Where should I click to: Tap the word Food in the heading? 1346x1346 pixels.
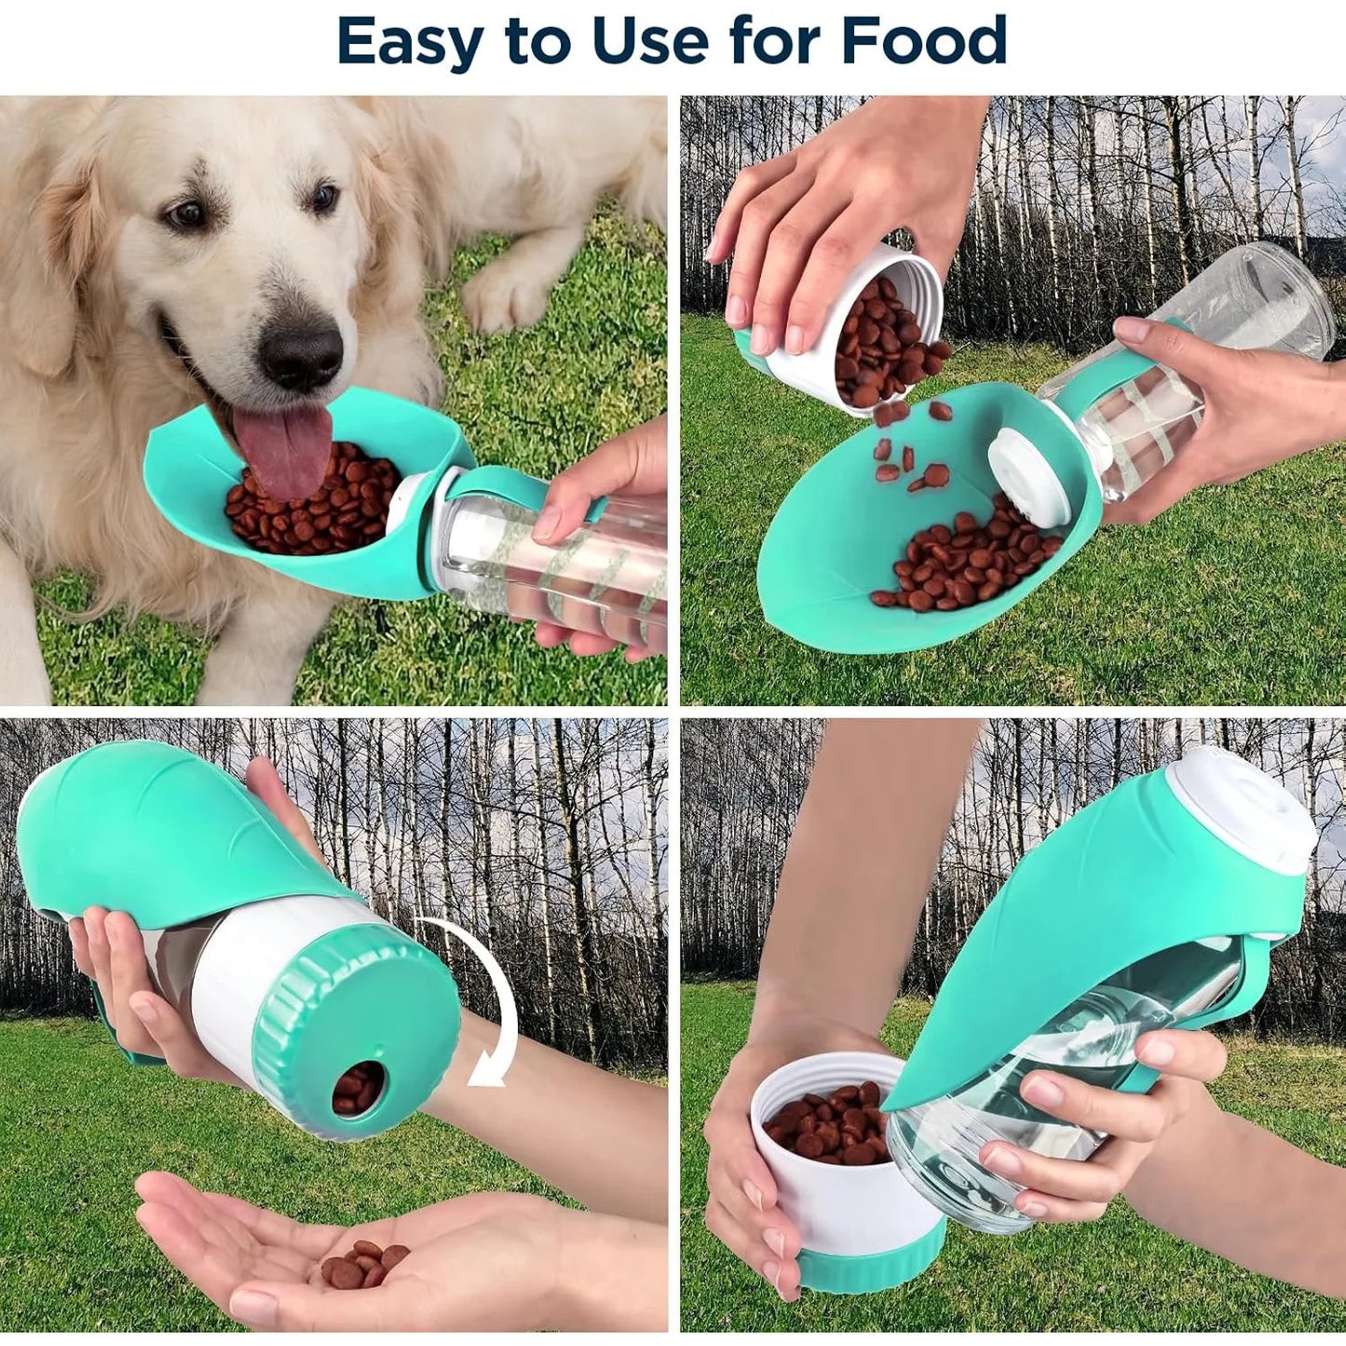tap(923, 40)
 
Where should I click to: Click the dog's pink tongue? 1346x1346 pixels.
tap(284, 447)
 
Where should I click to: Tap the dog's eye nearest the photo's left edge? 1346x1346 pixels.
tap(187, 215)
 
